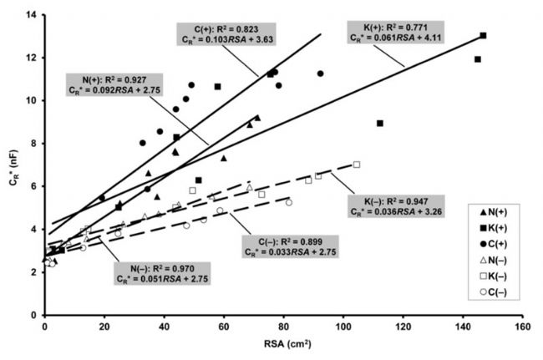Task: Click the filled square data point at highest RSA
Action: pos(483,35)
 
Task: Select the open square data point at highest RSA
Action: pos(357,165)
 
